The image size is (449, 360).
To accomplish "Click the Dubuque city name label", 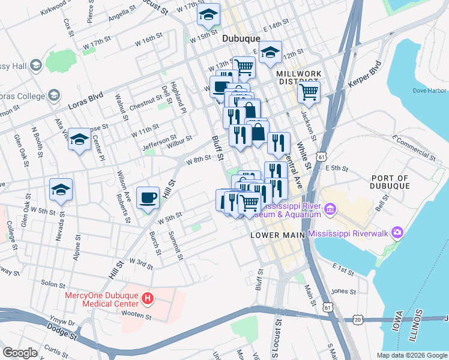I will (x=241, y=38).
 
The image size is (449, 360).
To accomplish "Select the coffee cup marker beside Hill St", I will (x=148, y=197).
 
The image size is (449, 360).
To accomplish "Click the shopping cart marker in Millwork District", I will (x=309, y=92).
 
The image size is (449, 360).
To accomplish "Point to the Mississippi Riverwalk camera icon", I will (x=396, y=232).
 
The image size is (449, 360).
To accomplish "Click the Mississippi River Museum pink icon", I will (x=330, y=209).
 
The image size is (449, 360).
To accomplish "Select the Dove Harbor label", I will (x=429, y=91).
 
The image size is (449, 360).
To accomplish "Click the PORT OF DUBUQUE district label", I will (x=390, y=182).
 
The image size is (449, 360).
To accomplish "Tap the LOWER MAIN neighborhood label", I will (x=277, y=236).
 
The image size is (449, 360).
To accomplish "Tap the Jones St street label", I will (x=344, y=291).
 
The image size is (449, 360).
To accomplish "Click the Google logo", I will (x=21, y=353).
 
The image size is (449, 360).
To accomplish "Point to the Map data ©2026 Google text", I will (x=411, y=355).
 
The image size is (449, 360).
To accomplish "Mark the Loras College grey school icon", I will (x=54, y=96).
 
